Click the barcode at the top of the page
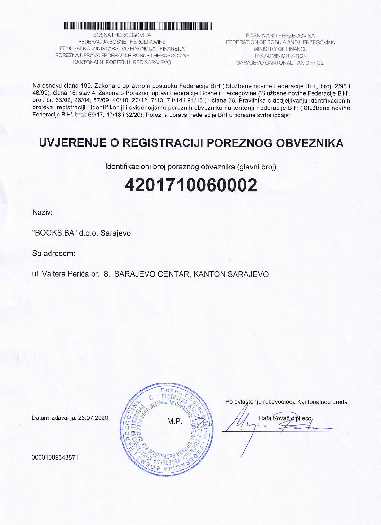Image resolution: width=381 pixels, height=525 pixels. point(138,26)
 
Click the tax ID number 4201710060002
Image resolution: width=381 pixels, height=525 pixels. point(191,185)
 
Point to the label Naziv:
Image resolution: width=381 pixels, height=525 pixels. point(42,212)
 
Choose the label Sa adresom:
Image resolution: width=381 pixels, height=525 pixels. point(54,254)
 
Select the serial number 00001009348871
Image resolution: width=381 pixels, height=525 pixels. point(55,457)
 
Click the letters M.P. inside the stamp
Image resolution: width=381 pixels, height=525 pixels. point(175,422)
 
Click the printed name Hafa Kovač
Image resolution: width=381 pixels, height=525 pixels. point(273,418)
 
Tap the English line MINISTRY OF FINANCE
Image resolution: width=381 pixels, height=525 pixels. point(280,49)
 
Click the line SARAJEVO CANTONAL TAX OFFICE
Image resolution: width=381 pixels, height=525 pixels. point(280,63)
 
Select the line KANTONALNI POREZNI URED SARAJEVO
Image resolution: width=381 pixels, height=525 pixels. point(122,62)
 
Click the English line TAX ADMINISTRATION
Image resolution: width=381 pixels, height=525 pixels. point(280,56)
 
